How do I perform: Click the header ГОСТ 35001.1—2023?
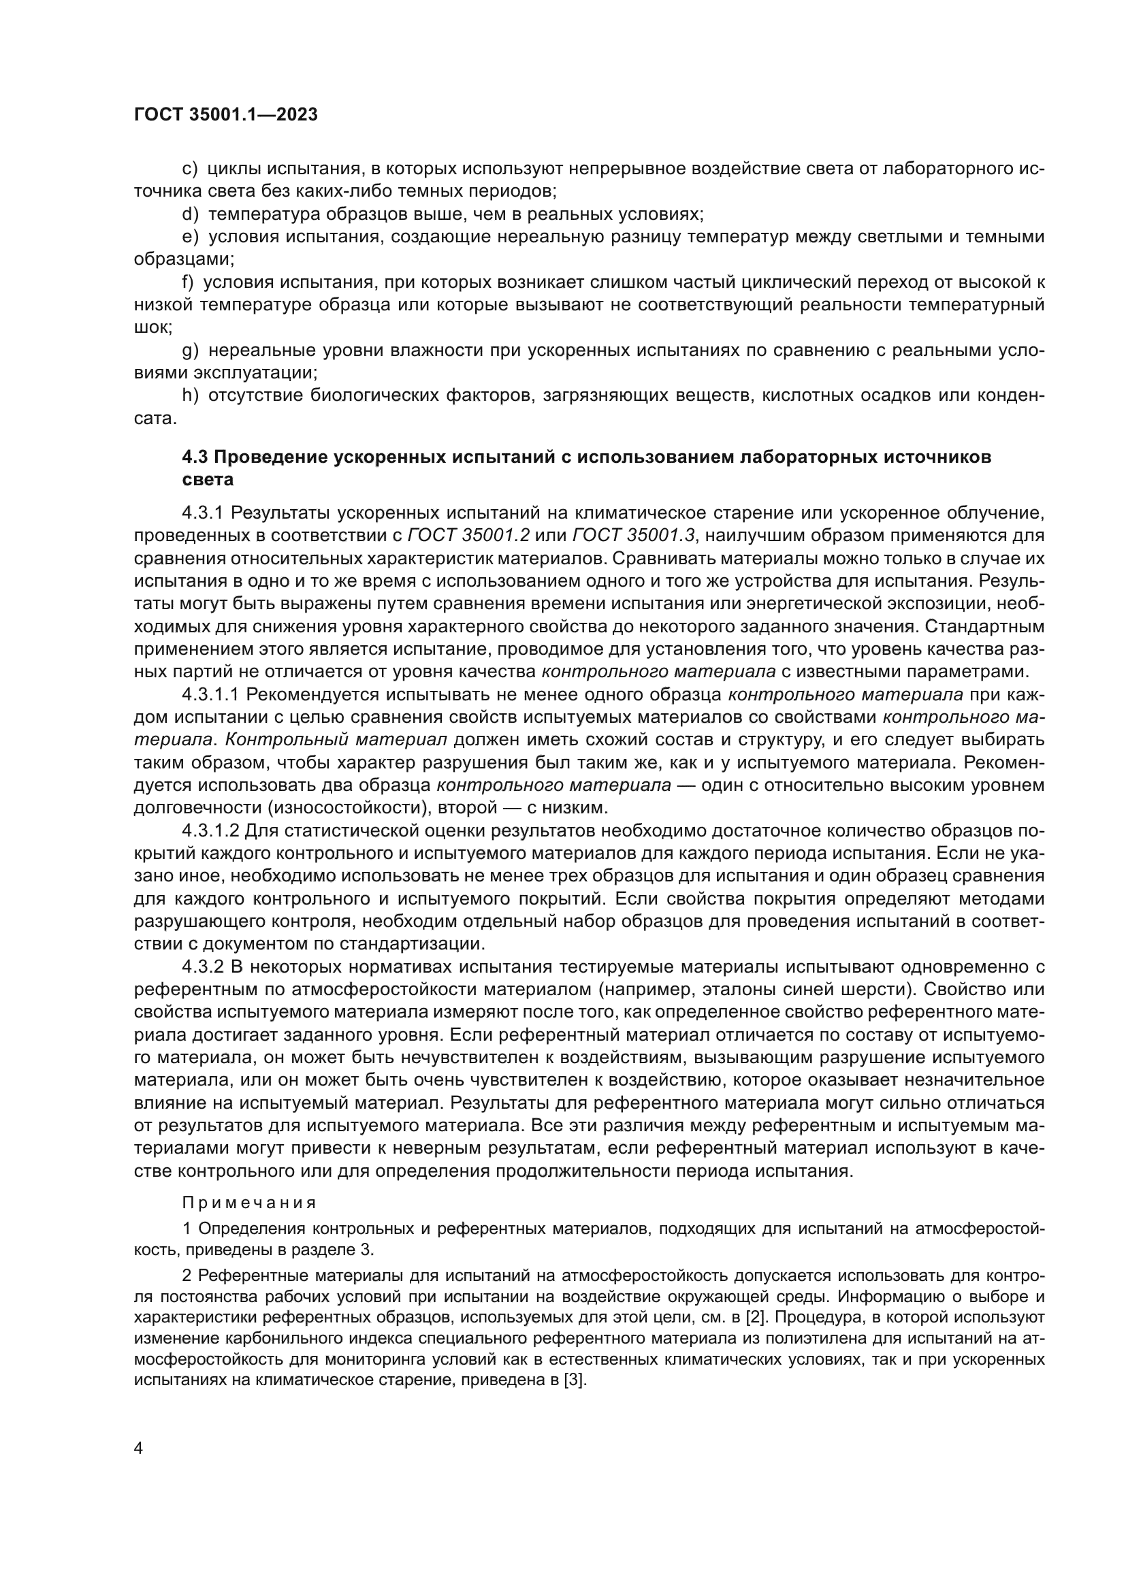tap(225, 115)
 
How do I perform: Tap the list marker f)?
tap(187, 282)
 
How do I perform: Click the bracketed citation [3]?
tap(574, 1380)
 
